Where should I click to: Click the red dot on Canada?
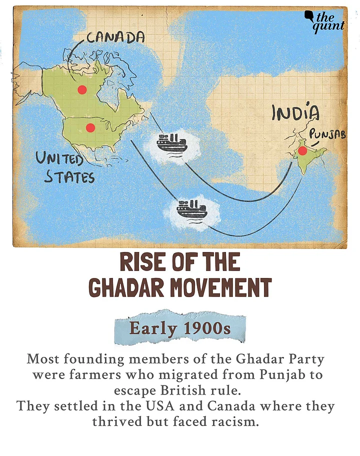[82, 90]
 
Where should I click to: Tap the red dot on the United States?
[90, 127]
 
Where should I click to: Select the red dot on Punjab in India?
[302, 150]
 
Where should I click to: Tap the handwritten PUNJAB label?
[328, 134]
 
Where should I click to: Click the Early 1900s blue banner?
[180, 328]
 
